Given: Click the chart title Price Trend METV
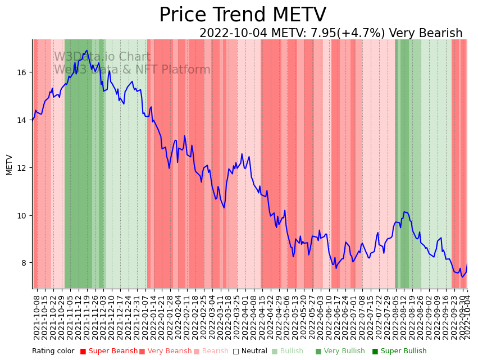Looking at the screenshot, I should coord(242,15).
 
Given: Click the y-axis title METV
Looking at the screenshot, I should coord(9,165).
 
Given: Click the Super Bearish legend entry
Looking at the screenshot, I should coord(109,352).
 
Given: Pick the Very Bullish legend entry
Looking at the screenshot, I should coord(340,352).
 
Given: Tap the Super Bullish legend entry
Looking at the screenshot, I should coord(399,352).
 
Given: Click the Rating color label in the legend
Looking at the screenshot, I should coord(53,352).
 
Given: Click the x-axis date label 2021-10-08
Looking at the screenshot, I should coord(37,317).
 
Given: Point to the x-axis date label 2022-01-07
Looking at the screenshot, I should coord(145,317).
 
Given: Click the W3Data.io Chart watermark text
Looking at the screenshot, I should coord(102,57).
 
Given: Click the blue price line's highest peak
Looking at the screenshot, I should coord(87,51).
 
